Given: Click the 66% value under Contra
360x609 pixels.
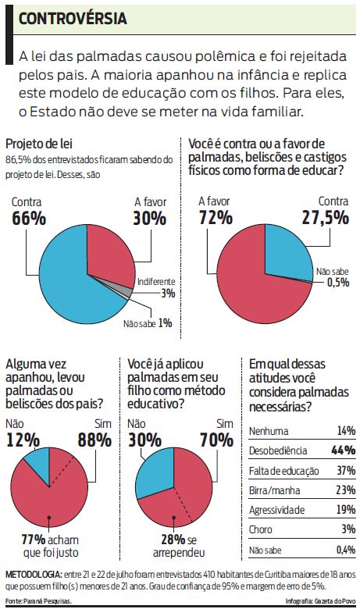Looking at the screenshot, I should pyautogui.click(x=29, y=218).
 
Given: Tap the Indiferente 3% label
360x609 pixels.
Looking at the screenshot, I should pyautogui.click(x=156, y=287).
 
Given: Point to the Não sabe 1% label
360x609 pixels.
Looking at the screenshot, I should pyautogui.click(x=148, y=322).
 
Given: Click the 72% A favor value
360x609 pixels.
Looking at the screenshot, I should pyautogui.click(x=216, y=218).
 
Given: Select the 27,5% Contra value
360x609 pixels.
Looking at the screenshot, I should pyautogui.click(x=323, y=218).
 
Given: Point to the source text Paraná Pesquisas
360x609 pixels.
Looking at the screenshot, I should pyautogui.click(x=48, y=601).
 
